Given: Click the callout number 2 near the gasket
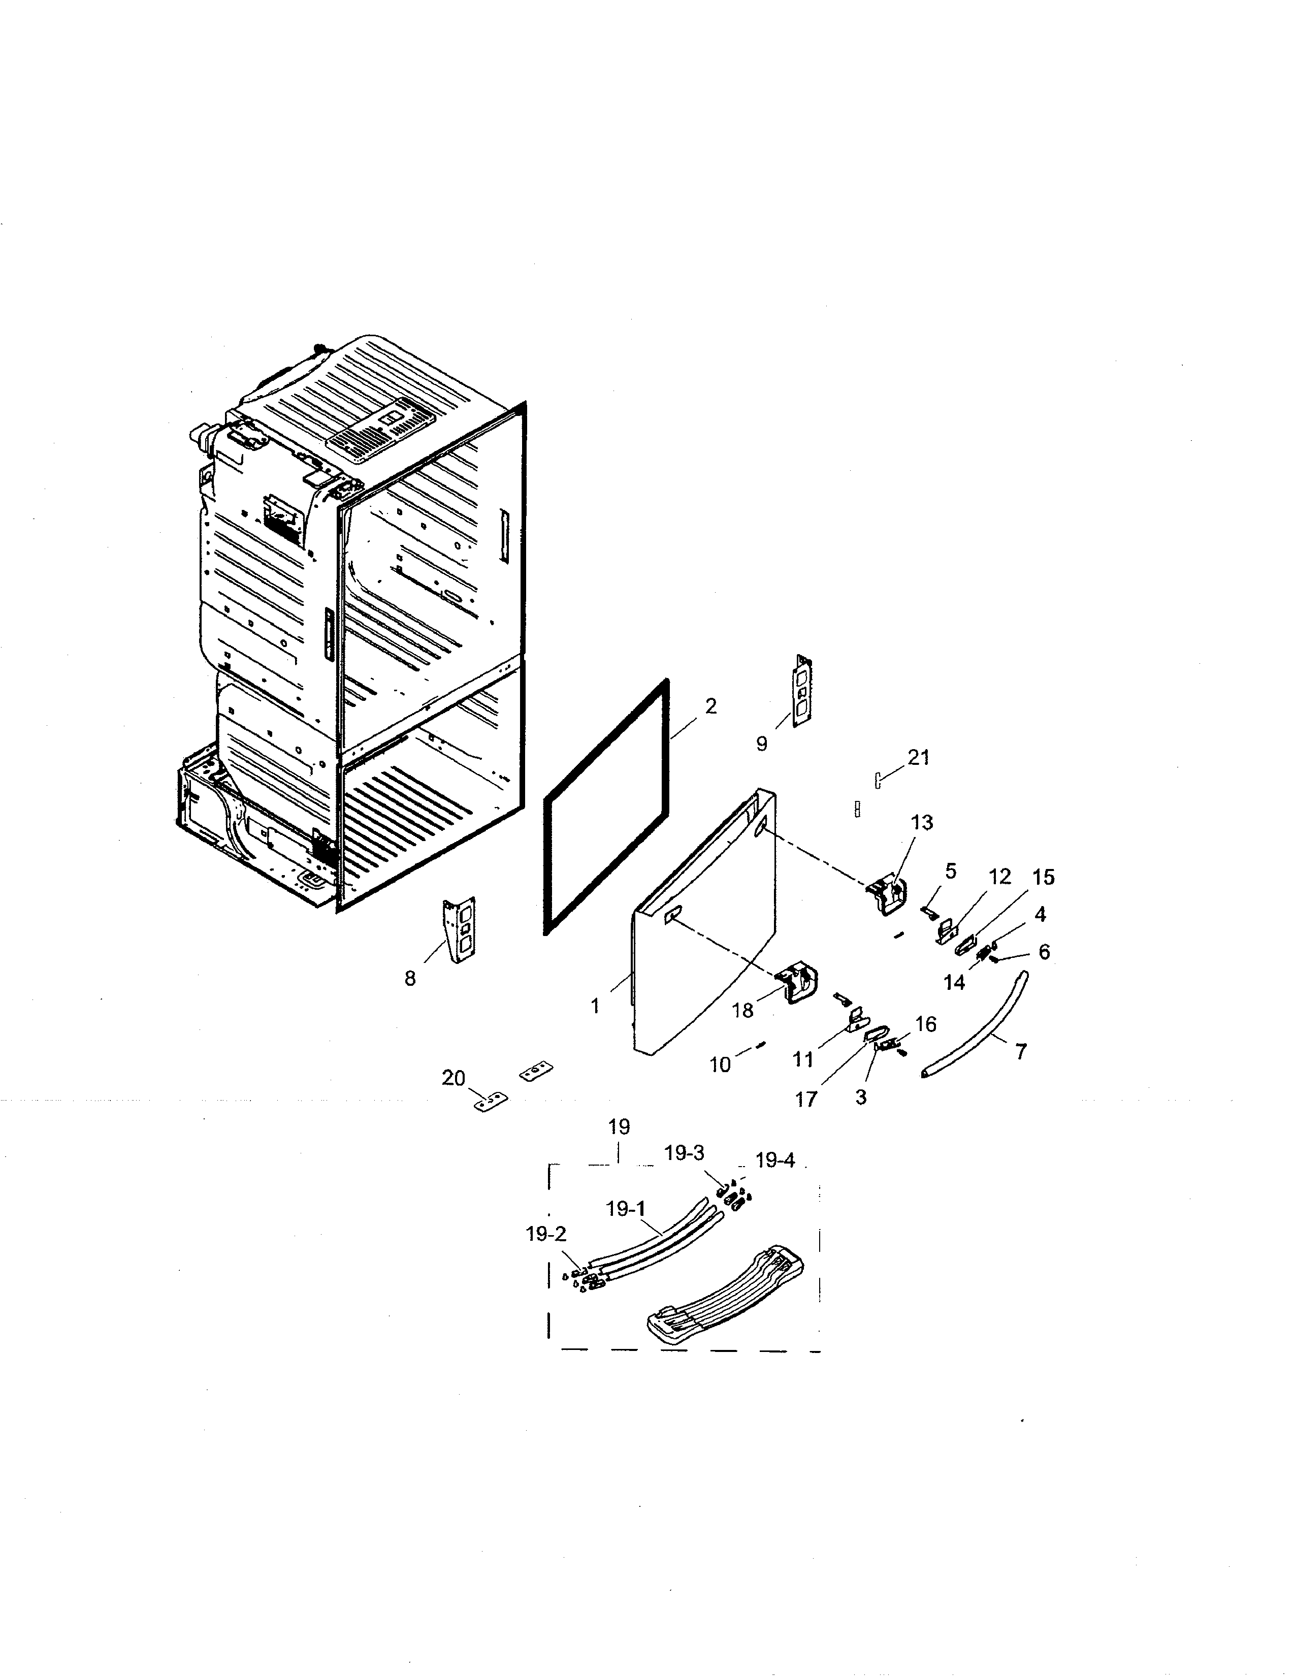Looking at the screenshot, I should point(710,706).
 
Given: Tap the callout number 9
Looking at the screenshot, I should point(762,743).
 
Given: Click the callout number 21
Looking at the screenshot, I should point(918,757).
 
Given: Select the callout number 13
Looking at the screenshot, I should point(921,822).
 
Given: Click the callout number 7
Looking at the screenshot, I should point(1020,1051).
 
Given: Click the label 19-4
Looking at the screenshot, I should point(775,1161).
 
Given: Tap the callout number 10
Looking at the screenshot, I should point(720,1065).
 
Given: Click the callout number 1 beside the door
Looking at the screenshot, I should point(595,1005).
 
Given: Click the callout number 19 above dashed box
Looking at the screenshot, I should point(619,1126).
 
